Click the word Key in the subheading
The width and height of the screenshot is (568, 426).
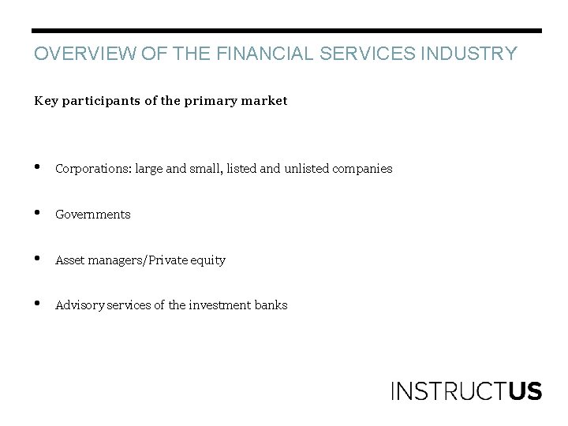tap(44, 101)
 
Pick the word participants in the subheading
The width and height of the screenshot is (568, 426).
tap(99, 101)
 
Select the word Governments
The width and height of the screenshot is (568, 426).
tap(93, 215)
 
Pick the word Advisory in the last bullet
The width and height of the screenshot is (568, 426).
tap(79, 305)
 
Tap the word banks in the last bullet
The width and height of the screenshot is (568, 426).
tap(271, 305)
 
